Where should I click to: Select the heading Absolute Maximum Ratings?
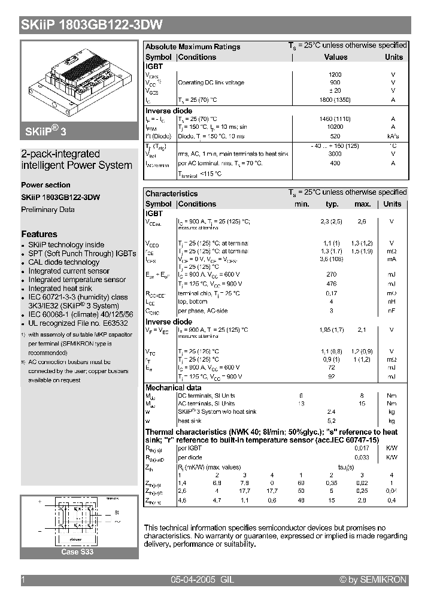[193, 47]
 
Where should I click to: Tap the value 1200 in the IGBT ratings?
[335, 75]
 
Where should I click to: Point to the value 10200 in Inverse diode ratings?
[335, 127]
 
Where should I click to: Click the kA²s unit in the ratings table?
[393, 136]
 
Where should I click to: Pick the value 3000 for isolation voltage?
[335, 154]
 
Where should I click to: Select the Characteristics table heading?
[171, 193]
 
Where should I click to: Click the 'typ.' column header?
[332, 204]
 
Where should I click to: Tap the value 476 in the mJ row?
[332, 284]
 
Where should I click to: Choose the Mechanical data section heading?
[174, 387]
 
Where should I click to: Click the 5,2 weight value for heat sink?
[332, 421]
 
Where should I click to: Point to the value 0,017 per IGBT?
[362, 448]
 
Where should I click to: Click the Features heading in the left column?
[40, 234]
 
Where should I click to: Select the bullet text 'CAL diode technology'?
[64, 262]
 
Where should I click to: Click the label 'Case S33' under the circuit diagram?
[77, 552]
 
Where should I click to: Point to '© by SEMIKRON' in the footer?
[373, 580]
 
